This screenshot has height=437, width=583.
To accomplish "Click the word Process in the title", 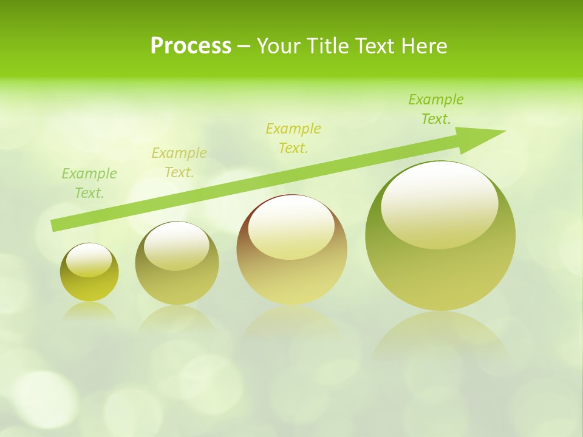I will tap(191, 46).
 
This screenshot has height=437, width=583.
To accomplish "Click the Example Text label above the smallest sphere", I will tap(89, 183).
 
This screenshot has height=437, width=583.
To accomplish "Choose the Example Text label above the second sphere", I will tap(179, 163).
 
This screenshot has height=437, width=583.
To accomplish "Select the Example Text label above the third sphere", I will tap(293, 138).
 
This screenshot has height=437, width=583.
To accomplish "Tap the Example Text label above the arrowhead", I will tap(436, 109).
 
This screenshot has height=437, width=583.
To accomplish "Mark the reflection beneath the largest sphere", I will tap(440, 334).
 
